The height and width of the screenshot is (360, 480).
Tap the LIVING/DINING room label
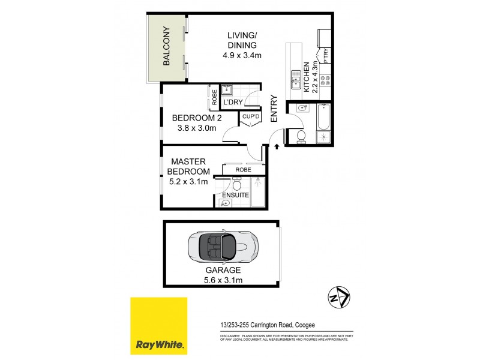click(x=242, y=40)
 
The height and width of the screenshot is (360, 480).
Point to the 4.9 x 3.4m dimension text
click(x=242, y=56)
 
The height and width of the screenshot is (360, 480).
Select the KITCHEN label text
click(x=306, y=76)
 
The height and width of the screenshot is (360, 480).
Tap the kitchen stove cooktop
click(x=325, y=82)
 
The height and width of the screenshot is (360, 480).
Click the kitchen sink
click(x=296, y=78)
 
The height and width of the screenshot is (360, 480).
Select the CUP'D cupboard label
click(x=251, y=116)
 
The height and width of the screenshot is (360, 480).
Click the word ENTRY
click(x=274, y=109)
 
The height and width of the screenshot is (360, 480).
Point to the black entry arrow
click(x=277, y=145)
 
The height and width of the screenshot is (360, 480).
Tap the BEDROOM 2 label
click(x=193, y=118)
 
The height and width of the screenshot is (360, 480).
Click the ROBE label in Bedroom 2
click(x=214, y=97)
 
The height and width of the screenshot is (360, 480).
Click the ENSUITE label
click(x=235, y=194)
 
